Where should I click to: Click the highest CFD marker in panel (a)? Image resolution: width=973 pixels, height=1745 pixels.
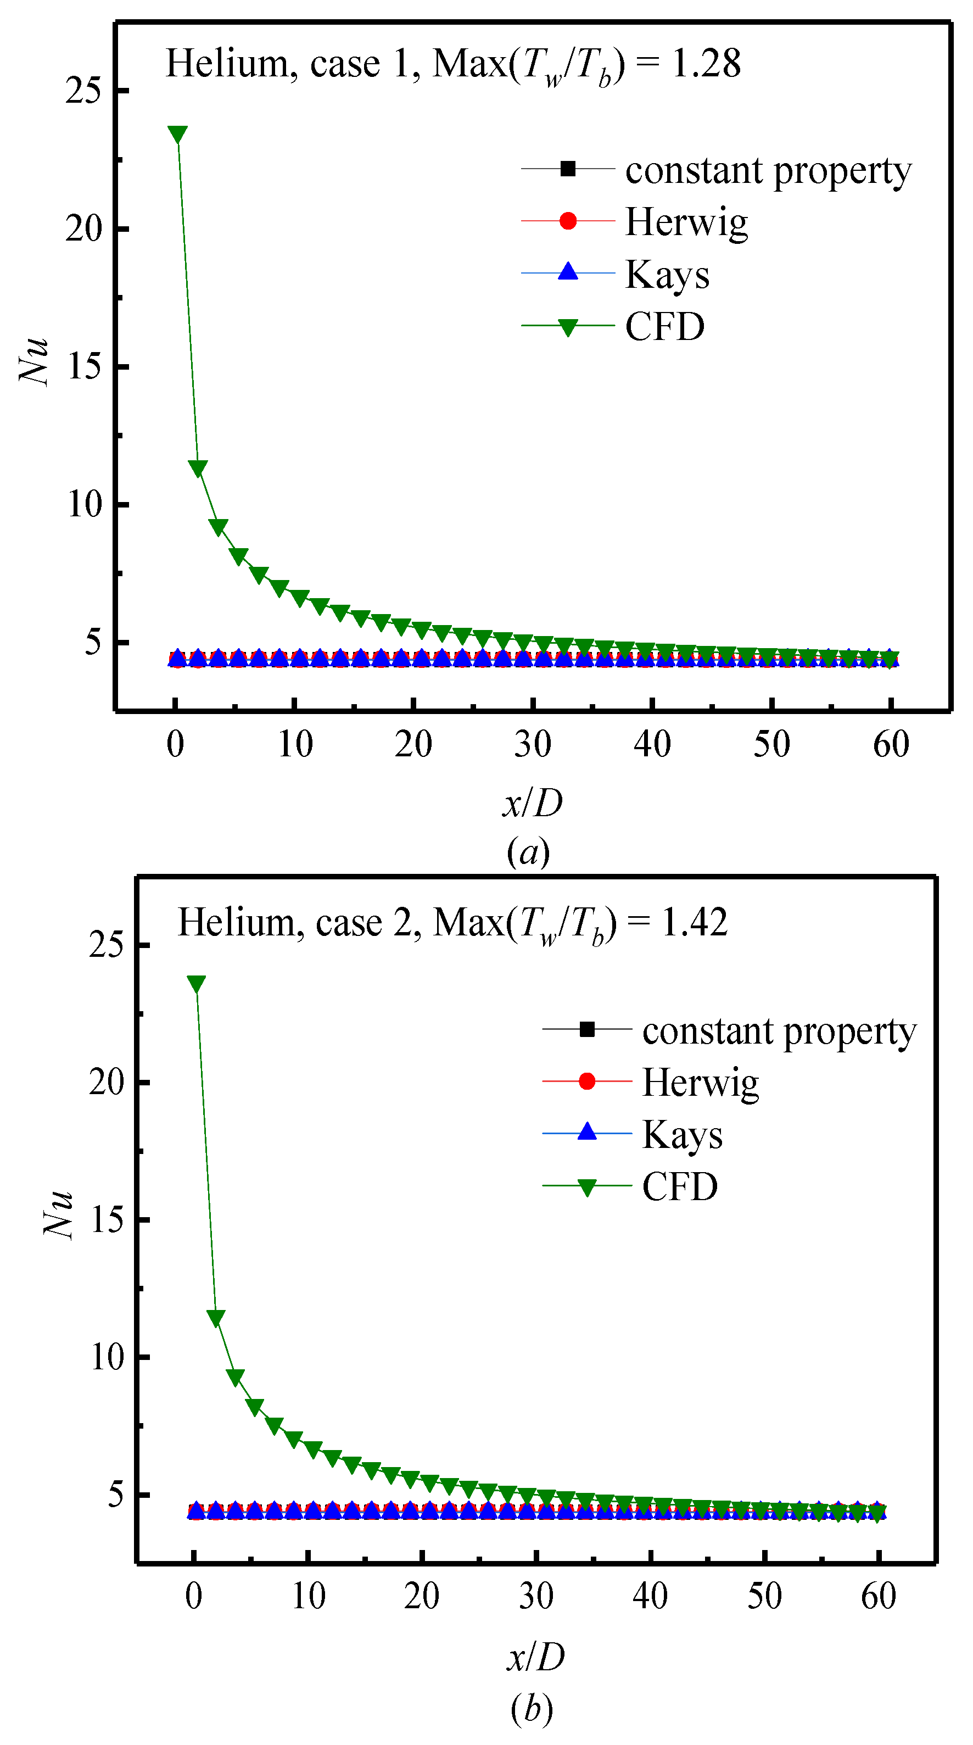click(177, 134)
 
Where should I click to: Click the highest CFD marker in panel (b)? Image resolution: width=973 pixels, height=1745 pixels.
click(197, 984)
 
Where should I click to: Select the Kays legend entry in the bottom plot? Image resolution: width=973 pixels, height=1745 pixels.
click(682, 1134)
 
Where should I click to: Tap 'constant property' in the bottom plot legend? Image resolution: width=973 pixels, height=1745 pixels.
click(779, 1031)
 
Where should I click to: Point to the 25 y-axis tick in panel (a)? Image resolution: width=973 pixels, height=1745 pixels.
click(83, 90)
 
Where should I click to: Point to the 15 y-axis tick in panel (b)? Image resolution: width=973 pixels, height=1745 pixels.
click(107, 1219)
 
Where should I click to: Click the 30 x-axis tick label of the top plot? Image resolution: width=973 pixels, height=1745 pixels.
click(533, 744)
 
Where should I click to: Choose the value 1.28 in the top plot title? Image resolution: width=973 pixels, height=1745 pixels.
click(706, 64)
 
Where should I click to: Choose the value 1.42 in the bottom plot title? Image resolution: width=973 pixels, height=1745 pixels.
click(694, 923)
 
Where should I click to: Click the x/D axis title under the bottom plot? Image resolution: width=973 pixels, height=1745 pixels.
click(535, 1657)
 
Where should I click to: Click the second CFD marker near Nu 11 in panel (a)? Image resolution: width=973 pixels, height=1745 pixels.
click(198, 468)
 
